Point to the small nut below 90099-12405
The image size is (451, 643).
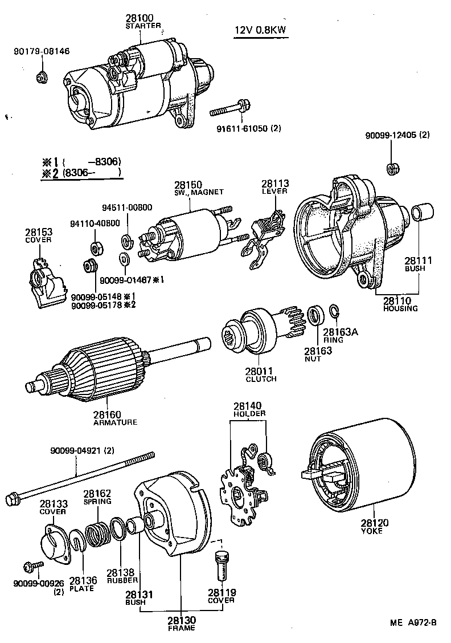tap(391, 168)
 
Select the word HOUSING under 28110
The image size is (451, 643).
tap(400, 308)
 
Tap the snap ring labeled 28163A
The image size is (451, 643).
tap(335, 312)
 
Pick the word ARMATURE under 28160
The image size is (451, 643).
tap(114, 422)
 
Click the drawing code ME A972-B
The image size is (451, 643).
tap(413, 622)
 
